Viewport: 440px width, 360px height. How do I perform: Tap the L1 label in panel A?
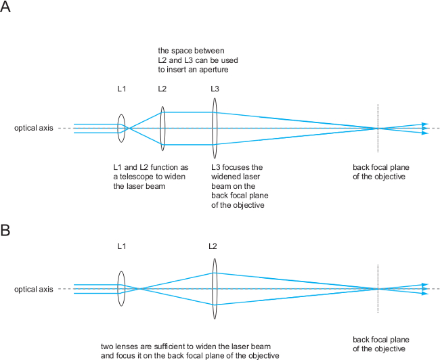point(121,89)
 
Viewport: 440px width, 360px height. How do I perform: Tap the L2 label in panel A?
point(162,89)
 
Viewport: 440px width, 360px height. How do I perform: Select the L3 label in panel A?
point(215,89)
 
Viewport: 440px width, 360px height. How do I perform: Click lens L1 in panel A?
point(121,129)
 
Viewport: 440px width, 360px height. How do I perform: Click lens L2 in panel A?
point(162,129)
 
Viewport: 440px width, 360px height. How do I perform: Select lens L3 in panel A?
point(215,129)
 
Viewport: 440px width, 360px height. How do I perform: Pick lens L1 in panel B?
point(121,290)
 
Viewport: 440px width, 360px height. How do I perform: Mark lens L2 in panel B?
point(214,290)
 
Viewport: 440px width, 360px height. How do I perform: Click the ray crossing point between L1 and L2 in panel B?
point(140,290)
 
